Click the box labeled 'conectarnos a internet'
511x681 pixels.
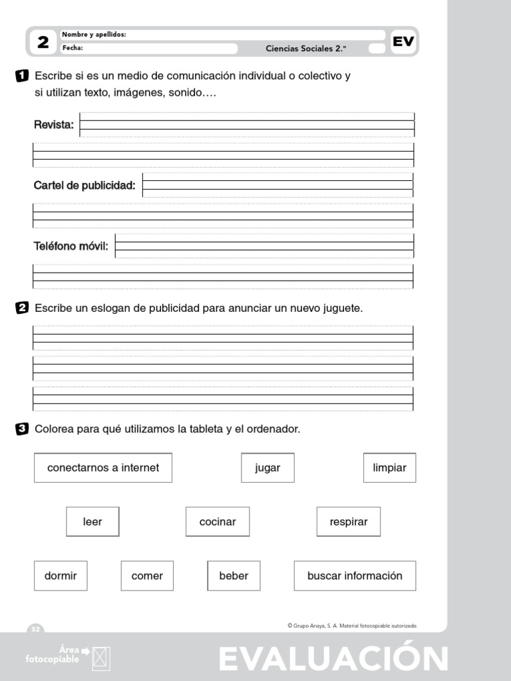coord(103,468)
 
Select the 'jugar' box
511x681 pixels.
coord(267,468)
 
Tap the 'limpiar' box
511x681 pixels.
coord(389,468)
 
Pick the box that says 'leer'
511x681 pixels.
coord(92,521)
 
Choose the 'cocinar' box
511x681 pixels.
coord(218,521)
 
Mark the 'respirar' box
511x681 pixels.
coord(349,521)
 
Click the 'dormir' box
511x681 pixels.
coord(61,576)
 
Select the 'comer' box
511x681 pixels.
coord(147,576)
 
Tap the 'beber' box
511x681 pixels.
coord(234,576)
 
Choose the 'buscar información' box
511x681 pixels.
coord(355,576)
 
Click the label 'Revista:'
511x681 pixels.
coord(54,124)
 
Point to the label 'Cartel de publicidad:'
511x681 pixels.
coord(85,185)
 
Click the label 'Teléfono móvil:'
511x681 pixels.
coord(71,246)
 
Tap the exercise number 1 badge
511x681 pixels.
coord(21,76)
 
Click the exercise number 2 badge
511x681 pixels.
coord(21,309)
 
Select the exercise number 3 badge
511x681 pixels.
coord(21,430)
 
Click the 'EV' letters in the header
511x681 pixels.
coord(403,42)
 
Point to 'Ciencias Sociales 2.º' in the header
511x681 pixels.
coord(306,48)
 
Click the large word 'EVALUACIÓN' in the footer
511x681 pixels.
coord(333,659)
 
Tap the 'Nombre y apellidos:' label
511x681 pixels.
coord(94,35)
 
